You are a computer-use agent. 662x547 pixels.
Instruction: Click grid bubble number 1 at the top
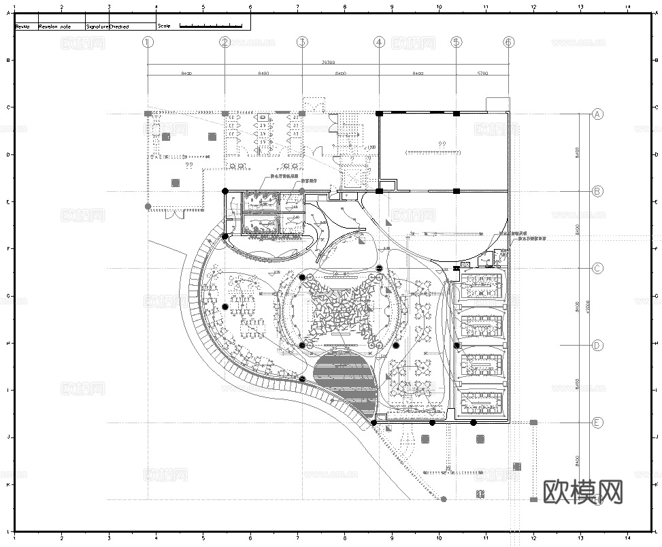coord(148,42)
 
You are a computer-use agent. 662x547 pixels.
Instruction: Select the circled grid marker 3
coord(302,42)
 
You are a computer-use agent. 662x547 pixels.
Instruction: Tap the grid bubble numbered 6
coord(508,42)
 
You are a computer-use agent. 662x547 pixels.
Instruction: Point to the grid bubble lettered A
coord(597,114)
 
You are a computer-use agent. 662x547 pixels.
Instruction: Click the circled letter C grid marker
coord(597,268)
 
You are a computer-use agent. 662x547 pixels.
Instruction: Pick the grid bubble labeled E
coord(597,422)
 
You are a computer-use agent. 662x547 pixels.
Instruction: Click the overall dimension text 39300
coord(328,62)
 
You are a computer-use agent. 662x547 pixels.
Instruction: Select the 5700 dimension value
coord(482,72)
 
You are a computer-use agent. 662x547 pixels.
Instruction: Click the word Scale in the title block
coord(164,26)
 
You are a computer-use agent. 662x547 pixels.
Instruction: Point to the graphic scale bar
coord(211,25)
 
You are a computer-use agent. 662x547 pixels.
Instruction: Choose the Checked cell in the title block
coord(120,27)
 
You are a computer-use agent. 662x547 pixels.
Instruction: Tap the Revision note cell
coord(54,27)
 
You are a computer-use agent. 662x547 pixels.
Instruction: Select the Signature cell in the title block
coord(97,27)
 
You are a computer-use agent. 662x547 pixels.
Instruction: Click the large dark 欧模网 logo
coord(583,491)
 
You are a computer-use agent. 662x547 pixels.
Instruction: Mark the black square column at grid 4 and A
coord(379,114)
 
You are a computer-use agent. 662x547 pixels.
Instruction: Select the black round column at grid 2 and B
coord(225,191)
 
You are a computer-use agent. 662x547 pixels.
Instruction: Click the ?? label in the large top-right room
coord(442,144)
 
